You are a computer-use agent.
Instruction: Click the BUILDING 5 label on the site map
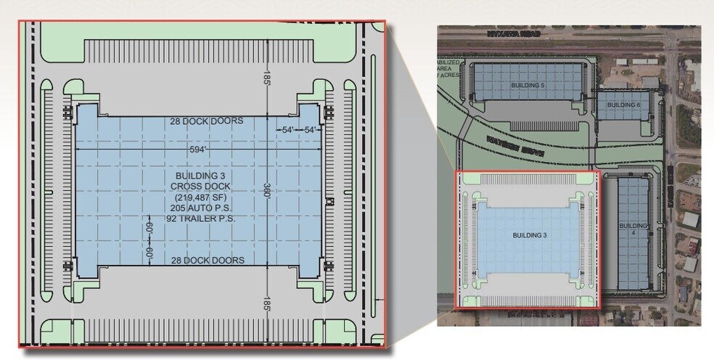pos(528,86)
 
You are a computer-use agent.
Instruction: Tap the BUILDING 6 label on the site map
pos(623,105)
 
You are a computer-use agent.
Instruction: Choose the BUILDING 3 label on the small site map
pos(530,235)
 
